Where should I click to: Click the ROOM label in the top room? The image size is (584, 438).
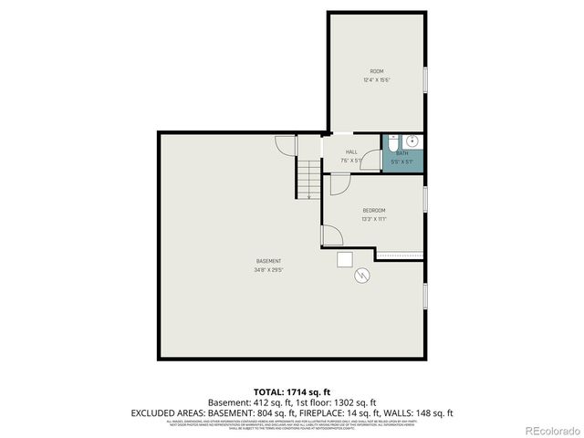[376, 71]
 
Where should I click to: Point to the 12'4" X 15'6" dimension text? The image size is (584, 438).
[376, 80]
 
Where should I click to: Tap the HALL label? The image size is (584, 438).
[351, 152]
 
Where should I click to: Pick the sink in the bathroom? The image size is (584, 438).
[412, 141]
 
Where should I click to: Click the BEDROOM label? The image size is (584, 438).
[374, 210]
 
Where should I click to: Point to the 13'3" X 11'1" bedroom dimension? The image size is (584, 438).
[374, 219]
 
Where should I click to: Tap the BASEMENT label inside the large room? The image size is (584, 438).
[267, 261]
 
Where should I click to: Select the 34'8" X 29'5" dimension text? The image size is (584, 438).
[267, 270]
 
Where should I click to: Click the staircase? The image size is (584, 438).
[308, 178]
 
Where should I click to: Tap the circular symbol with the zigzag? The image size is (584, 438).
[362, 274]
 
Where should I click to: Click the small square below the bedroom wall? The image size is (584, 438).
[345, 259]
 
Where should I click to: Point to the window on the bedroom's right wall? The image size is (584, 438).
[425, 198]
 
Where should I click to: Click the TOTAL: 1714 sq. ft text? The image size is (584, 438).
[291, 391]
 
